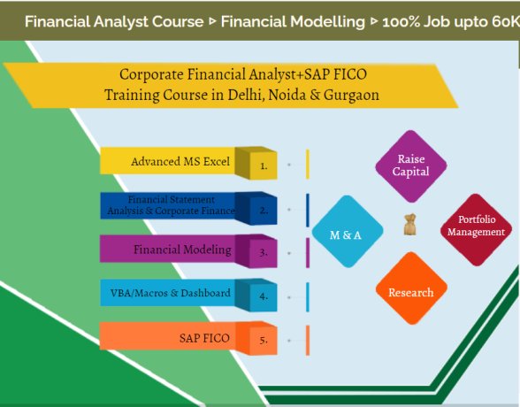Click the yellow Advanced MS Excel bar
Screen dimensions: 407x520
(x=177, y=162)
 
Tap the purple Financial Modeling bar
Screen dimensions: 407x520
(x=177, y=250)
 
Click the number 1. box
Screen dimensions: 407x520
(x=264, y=165)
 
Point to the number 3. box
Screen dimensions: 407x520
(x=264, y=252)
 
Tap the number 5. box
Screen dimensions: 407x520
(x=264, y=340)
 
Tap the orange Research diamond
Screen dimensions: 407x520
(x=411, y=292)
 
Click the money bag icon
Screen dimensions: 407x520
(x=409, y=226)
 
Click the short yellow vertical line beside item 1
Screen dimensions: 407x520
(x=307, y=165)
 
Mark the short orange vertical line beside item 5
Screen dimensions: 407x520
(x=307, y=340)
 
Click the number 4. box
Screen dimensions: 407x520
(x=264, y=296)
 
